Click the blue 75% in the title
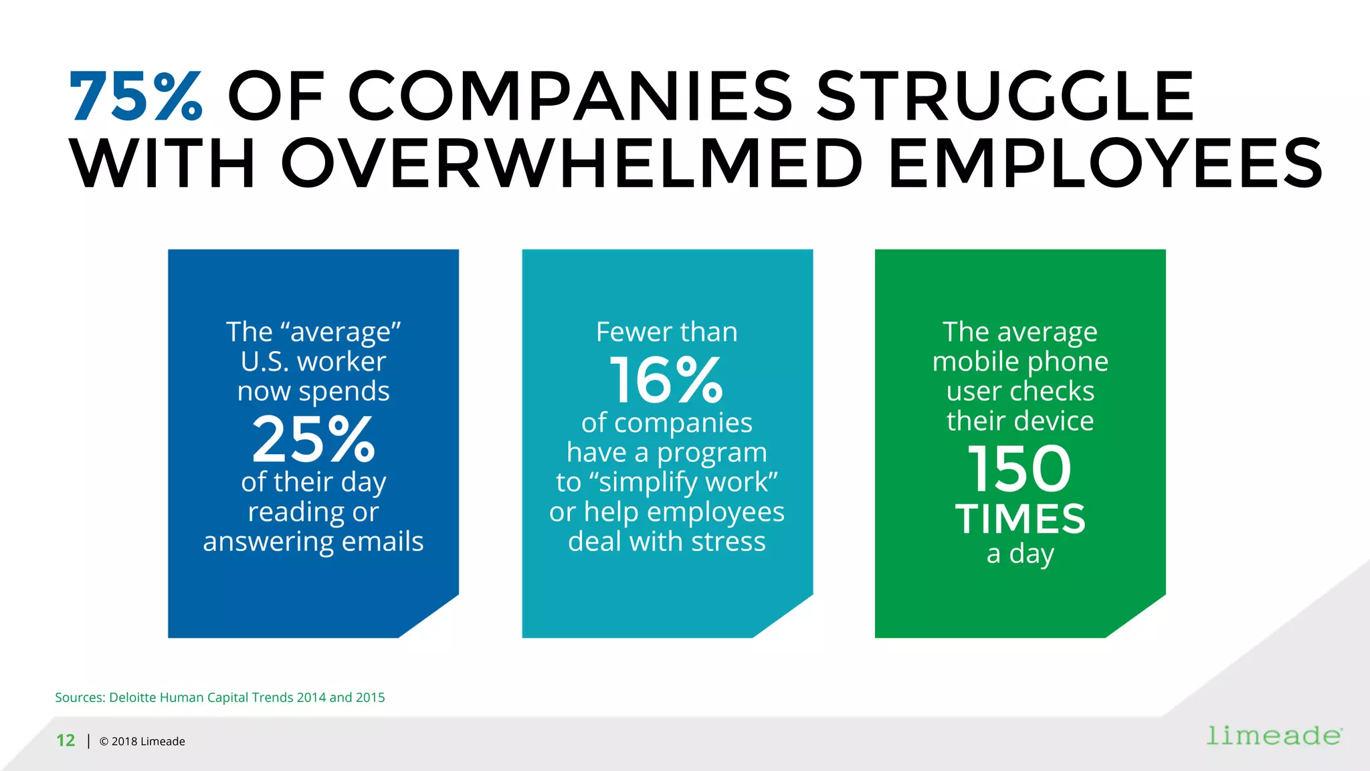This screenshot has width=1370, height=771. (x=136, y=97)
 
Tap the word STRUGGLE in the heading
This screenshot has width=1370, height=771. (x=1005, y=97)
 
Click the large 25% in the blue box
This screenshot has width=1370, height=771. (x=313, y=439)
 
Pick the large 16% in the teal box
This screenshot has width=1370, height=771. (x=666, y=380)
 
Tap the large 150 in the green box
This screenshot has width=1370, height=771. (x=1019, y=469)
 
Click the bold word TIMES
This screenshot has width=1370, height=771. (x=1020, y=519)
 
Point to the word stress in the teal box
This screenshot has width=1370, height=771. (x=728, y=541)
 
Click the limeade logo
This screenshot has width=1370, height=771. (x=1274, y=736)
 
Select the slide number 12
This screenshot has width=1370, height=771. (x=66, y=741)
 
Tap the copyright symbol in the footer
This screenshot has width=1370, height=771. (x=104, y=742)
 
